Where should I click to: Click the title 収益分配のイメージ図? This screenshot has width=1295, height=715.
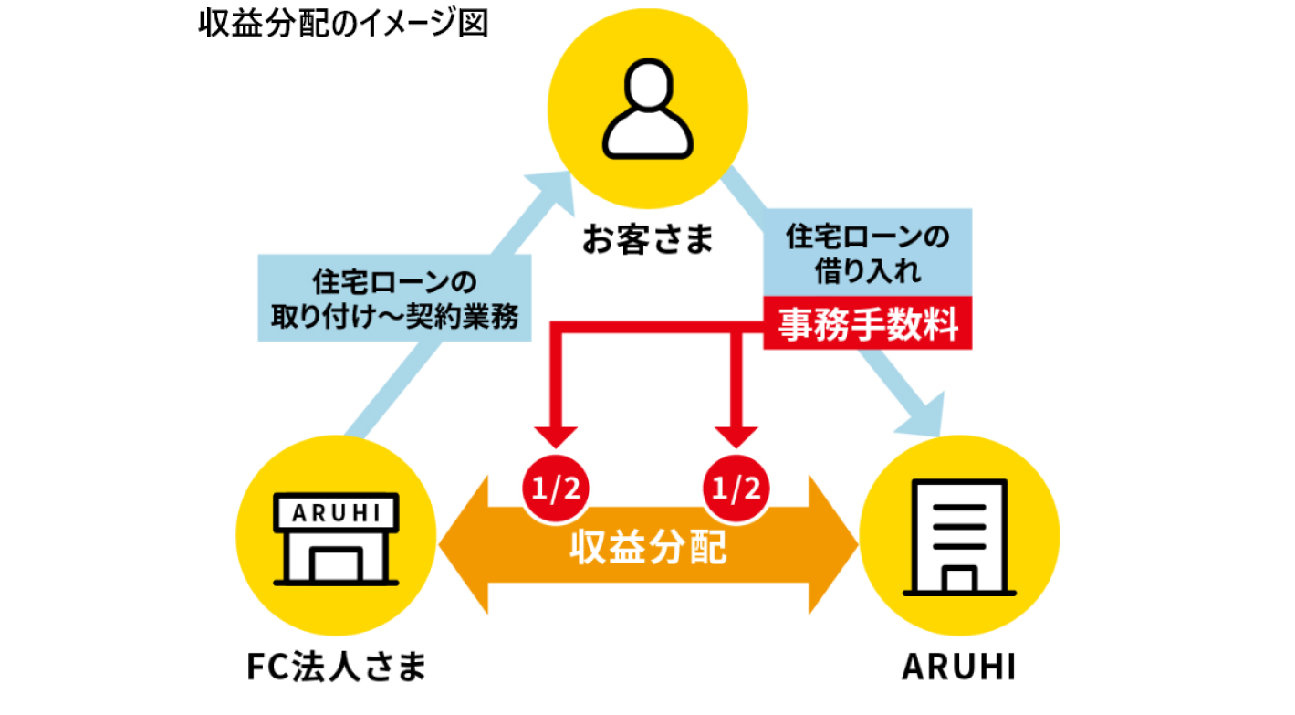[343, 23]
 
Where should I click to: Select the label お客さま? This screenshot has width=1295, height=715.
[647, 241]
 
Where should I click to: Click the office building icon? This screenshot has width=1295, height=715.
[958, 537]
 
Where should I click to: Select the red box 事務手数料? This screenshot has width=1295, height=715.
[868, 323]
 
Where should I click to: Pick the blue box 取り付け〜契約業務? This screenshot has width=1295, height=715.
[395, 298]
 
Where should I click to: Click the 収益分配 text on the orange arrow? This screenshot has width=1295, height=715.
[649, 548]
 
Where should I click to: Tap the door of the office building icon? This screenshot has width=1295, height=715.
[959, 580]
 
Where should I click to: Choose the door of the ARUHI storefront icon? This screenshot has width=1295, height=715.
[336, 566]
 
